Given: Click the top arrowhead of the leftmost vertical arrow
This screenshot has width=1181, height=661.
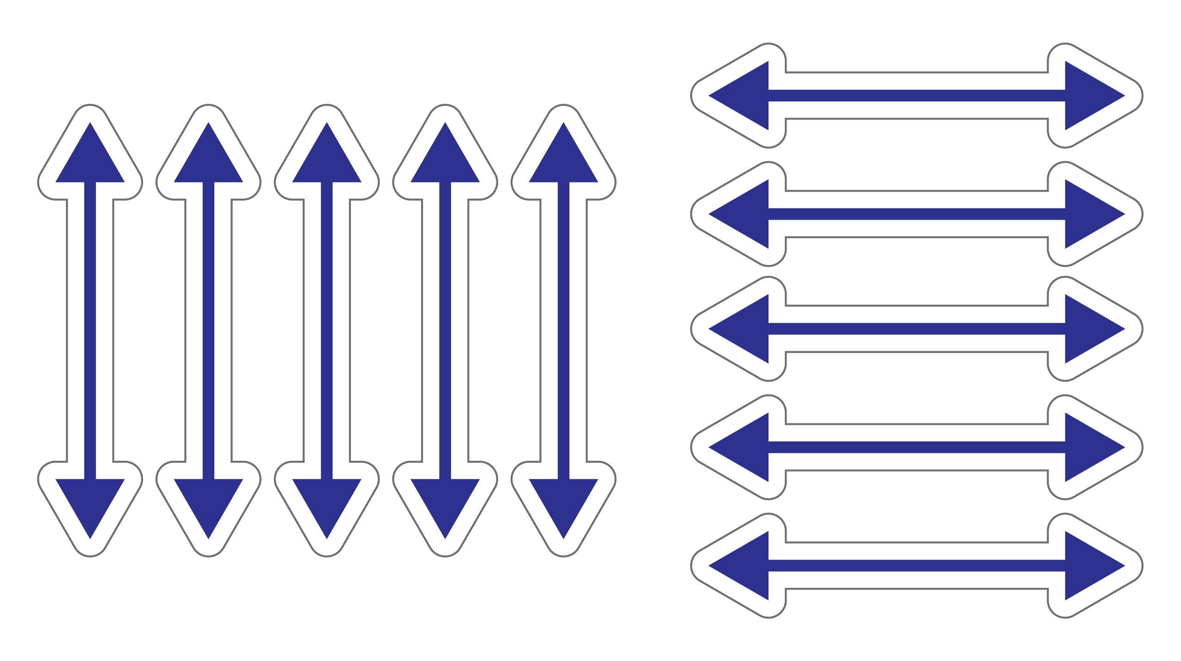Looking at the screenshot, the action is [x=90, y=160].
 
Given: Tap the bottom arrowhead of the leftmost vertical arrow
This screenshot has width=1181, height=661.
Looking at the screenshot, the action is [x=90, y=501].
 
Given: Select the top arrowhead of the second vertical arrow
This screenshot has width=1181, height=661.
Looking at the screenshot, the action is [x=208, y=160].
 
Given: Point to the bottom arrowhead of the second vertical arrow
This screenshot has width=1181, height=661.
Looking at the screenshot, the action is [x=208, y=501].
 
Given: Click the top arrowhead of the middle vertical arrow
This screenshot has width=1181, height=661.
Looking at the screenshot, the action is [x=326, y=160].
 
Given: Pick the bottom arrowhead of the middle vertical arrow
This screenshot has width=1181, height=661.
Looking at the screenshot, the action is [x=326, y=501].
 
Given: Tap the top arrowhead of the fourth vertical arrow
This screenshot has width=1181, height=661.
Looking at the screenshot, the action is [x=445, y=160].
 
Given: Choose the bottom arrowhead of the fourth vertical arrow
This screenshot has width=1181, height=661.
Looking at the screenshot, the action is [x=445, y=501].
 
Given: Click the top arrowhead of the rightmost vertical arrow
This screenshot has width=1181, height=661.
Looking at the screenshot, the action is [x=563, y=160].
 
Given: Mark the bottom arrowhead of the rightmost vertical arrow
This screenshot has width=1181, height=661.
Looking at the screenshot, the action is [x=563, y=501].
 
